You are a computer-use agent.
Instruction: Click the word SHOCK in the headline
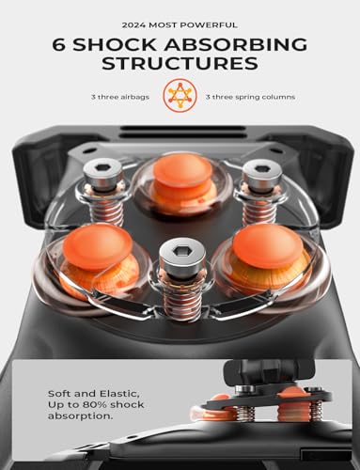click(x=115, y=44)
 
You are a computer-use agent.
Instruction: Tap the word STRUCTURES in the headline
click(x=180, y=63)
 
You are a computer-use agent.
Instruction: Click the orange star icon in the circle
click(x=180, y=96)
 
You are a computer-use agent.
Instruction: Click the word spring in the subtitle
click(x=246, y=98)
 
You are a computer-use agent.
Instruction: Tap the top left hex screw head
click(x=102, y=172)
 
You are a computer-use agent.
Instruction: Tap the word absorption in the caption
click(x=80, y=416)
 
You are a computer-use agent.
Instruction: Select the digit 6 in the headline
click(x=59, y=44)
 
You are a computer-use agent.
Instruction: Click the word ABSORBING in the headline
click(x=236, y=44)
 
